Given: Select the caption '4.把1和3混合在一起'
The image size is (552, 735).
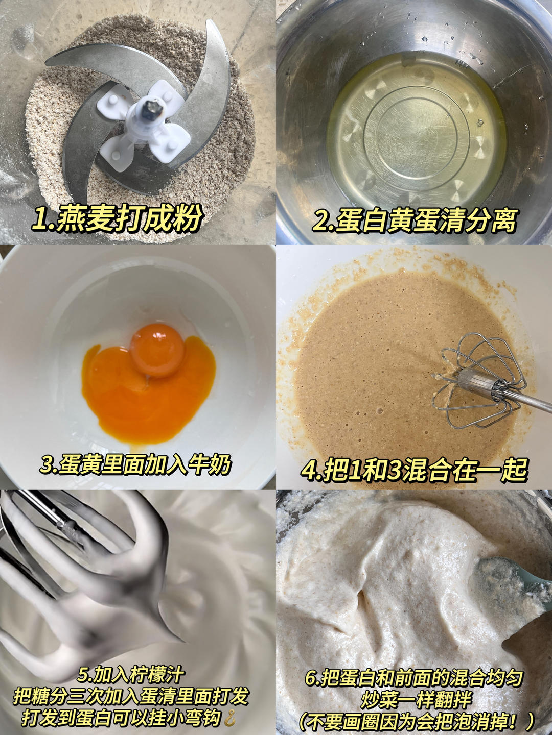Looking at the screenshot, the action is coord(413,469).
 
